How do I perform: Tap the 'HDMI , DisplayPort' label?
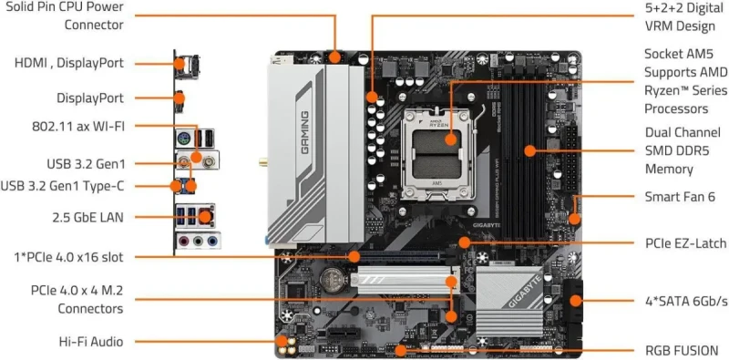coord(69,63)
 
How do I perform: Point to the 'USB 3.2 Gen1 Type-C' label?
coord(63,187)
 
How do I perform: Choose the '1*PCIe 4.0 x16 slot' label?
coord(69,256)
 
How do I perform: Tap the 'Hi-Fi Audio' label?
coord(89,341)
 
